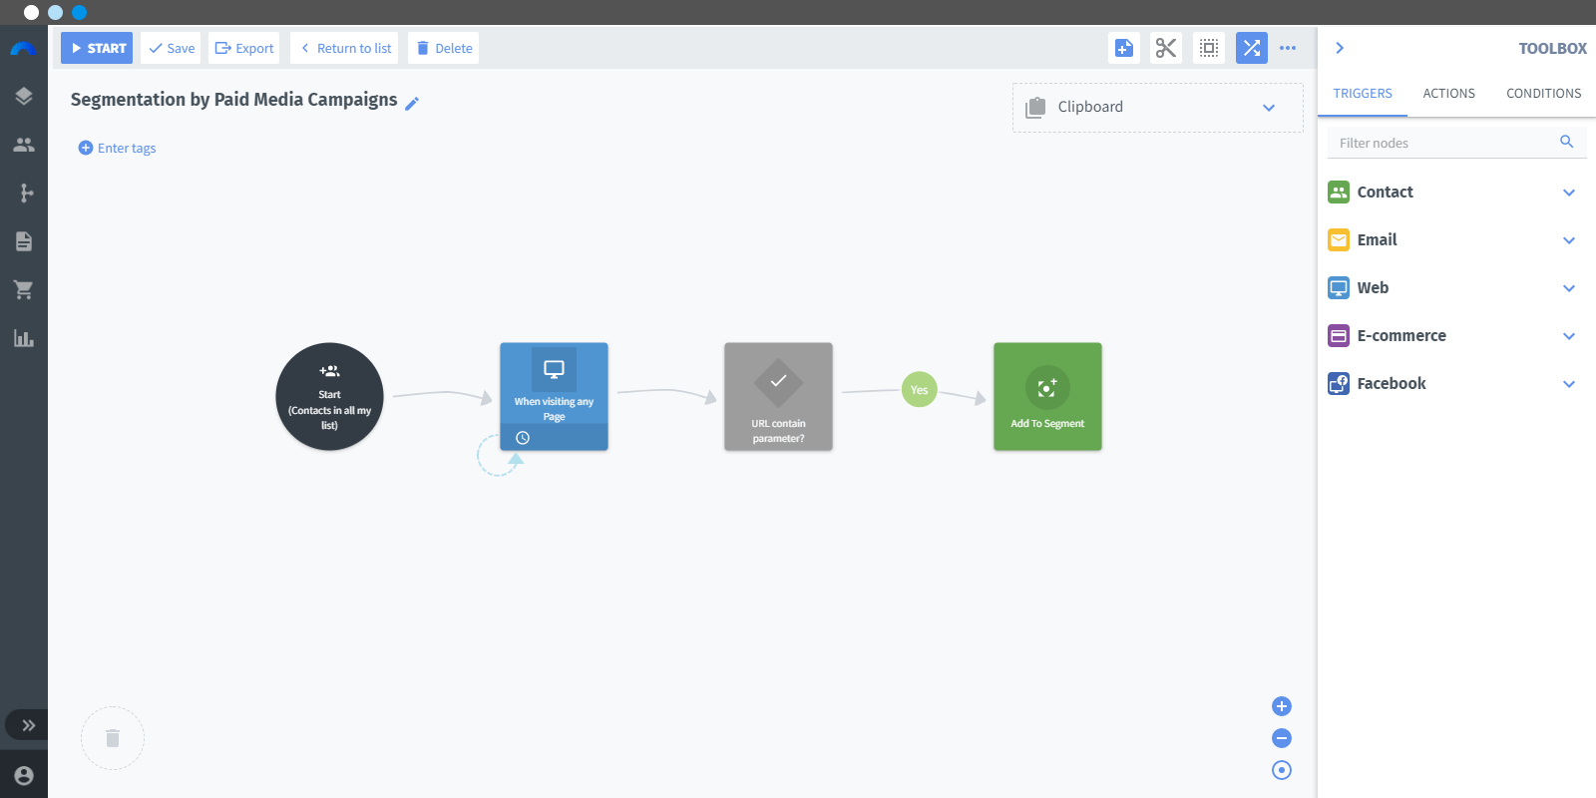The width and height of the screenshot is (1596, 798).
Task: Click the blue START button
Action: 96,48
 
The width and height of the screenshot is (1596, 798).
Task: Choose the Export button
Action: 243,48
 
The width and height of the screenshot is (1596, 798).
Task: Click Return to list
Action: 344,48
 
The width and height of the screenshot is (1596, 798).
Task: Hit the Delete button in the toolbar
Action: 443,48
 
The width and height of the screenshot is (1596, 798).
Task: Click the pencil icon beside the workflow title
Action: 412,104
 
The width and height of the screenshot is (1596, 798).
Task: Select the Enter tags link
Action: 117,148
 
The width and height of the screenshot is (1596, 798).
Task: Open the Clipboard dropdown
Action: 1158,108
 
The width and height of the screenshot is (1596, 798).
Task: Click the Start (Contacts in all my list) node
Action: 329,396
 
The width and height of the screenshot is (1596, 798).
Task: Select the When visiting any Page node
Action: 554,396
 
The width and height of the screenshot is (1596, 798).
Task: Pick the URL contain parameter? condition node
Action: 778,396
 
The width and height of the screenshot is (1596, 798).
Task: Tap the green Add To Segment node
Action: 1047,396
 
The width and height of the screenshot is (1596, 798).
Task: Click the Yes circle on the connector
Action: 919,390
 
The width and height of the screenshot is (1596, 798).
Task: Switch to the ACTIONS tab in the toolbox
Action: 1448,94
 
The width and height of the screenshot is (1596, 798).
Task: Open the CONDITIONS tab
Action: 1543,94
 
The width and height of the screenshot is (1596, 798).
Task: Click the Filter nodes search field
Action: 1446,143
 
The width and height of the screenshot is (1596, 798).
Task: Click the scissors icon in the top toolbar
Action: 1166,48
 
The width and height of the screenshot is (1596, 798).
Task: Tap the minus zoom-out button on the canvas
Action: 1281,738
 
